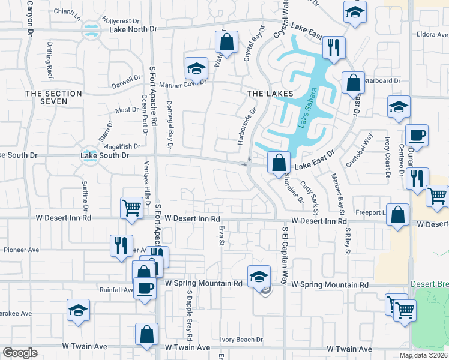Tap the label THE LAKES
[270, 94]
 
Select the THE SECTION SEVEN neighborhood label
[53, 97]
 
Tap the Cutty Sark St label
[309, 197]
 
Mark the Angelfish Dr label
[122, 146]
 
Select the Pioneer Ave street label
[21, 250]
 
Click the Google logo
[20, 353]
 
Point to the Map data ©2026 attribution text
[423, 355]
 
